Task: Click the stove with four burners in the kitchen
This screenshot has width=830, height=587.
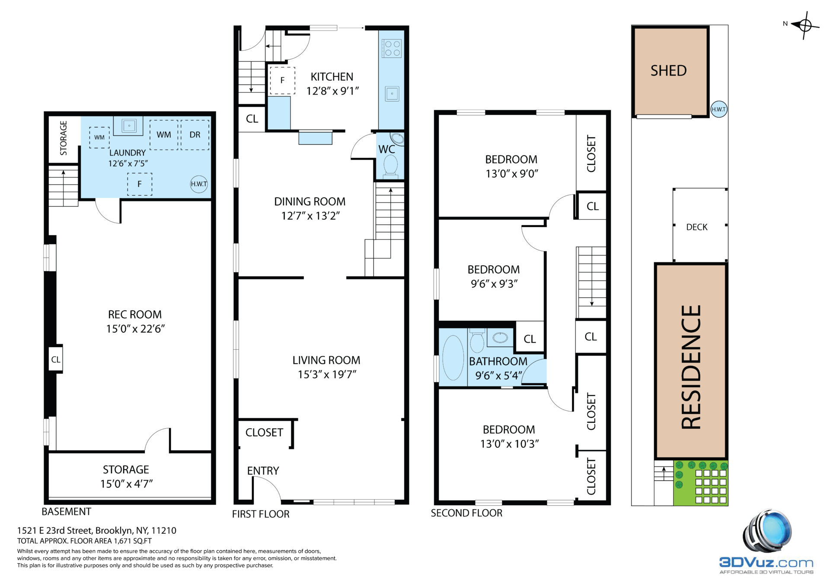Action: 392,48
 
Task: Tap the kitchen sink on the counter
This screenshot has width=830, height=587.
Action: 392,93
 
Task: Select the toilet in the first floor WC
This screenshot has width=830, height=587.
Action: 391,166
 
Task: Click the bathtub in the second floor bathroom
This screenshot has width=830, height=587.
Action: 453,357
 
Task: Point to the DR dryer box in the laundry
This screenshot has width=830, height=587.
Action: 195,135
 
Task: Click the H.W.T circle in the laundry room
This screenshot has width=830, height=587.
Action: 199,184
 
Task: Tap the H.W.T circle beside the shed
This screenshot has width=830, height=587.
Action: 719,109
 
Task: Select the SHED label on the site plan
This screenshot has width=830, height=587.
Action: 668,70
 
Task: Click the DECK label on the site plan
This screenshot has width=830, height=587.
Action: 697,227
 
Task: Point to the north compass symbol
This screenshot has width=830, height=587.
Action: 804,25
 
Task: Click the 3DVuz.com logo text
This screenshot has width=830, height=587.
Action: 766,562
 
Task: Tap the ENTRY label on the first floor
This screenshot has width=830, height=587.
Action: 263,471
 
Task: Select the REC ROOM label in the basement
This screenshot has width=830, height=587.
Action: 135,314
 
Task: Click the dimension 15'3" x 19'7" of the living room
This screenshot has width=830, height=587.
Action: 327,374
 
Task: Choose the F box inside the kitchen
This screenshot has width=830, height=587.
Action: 282,80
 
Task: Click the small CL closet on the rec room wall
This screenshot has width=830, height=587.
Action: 56,359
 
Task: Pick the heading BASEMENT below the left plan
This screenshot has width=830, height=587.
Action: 66,511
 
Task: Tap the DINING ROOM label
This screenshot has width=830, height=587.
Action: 310,201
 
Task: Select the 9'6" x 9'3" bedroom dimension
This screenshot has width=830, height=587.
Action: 494,284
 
